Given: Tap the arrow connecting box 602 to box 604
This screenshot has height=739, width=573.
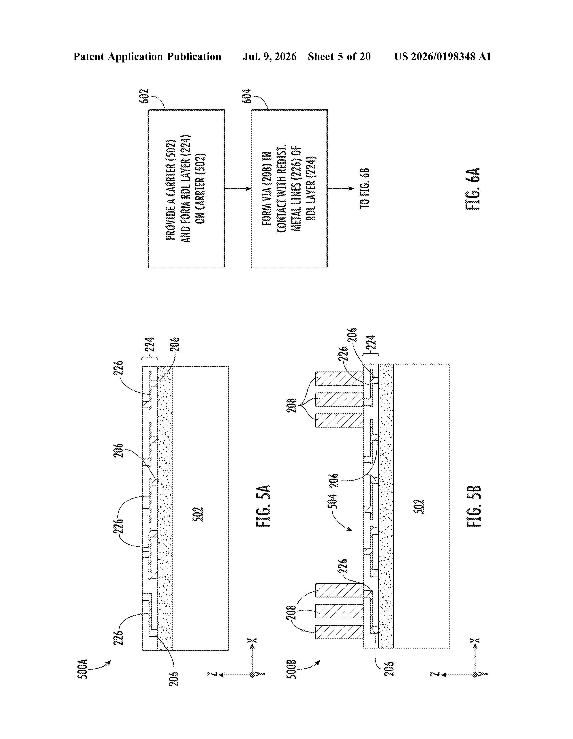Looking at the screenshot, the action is (238, 189).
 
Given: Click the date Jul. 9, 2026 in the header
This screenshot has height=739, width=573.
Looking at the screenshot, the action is (269, 56).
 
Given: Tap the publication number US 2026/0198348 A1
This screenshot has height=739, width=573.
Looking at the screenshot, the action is (443, 56).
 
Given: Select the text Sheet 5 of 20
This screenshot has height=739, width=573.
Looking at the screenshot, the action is (339, 56).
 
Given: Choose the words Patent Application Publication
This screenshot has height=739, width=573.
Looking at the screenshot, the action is (148, 56).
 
